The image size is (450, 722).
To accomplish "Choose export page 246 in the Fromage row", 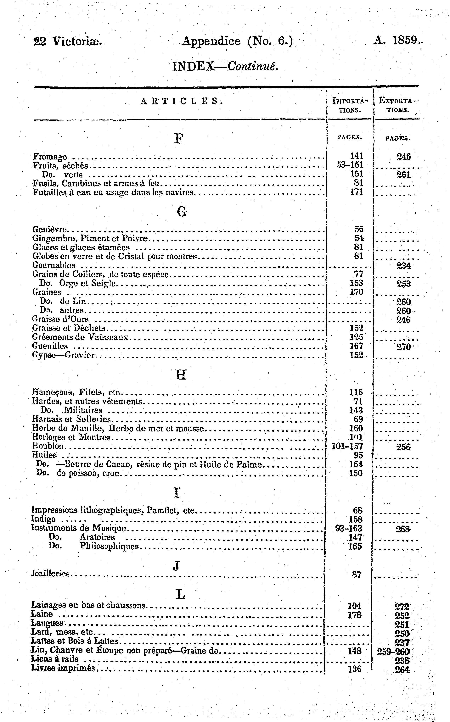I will [x=404, y=157].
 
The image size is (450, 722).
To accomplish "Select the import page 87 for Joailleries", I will [x=357, y=575].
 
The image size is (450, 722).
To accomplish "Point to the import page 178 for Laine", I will [x=354, y=615].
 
